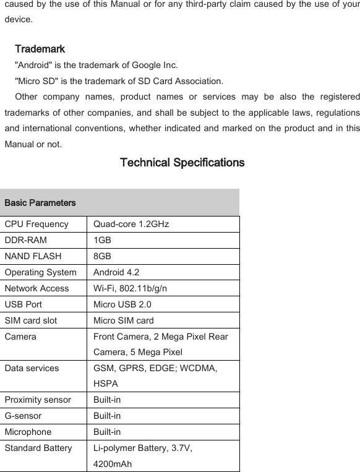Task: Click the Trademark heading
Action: tap(40, 49)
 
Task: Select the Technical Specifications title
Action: tap(182, 163)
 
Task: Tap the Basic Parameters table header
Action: tap(40, 203)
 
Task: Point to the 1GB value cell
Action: tap(103, 240)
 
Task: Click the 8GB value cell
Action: tap(103, 256)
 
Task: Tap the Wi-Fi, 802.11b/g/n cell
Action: tap(129, 288)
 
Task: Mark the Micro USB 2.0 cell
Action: tap(122, 304)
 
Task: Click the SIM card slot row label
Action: tap(30, 320)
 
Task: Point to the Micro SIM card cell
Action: tap(124, 320)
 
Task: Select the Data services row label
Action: tap(32, 368)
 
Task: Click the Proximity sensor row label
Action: tap(38, 400)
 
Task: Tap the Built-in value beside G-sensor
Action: tap(107, 416)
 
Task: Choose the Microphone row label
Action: tap(28, 432)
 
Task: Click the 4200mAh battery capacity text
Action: tap(112, 463)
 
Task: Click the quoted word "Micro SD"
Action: tap(35, 81)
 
